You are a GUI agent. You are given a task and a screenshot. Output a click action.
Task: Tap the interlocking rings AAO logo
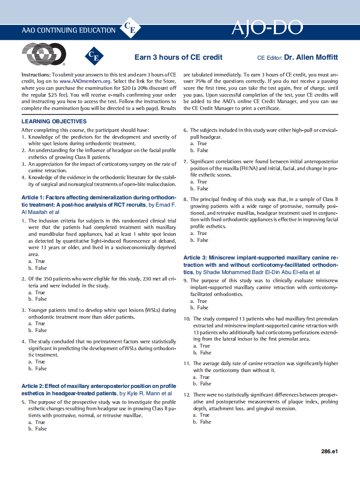point(43,55)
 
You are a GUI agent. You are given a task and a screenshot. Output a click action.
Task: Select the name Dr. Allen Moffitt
point(311,57)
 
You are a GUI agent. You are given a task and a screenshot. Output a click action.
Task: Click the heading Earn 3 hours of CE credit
point(178,57)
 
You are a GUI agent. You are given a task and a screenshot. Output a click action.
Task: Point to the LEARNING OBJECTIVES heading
point(54,122)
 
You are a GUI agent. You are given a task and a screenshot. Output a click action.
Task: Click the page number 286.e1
point(329,451)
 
